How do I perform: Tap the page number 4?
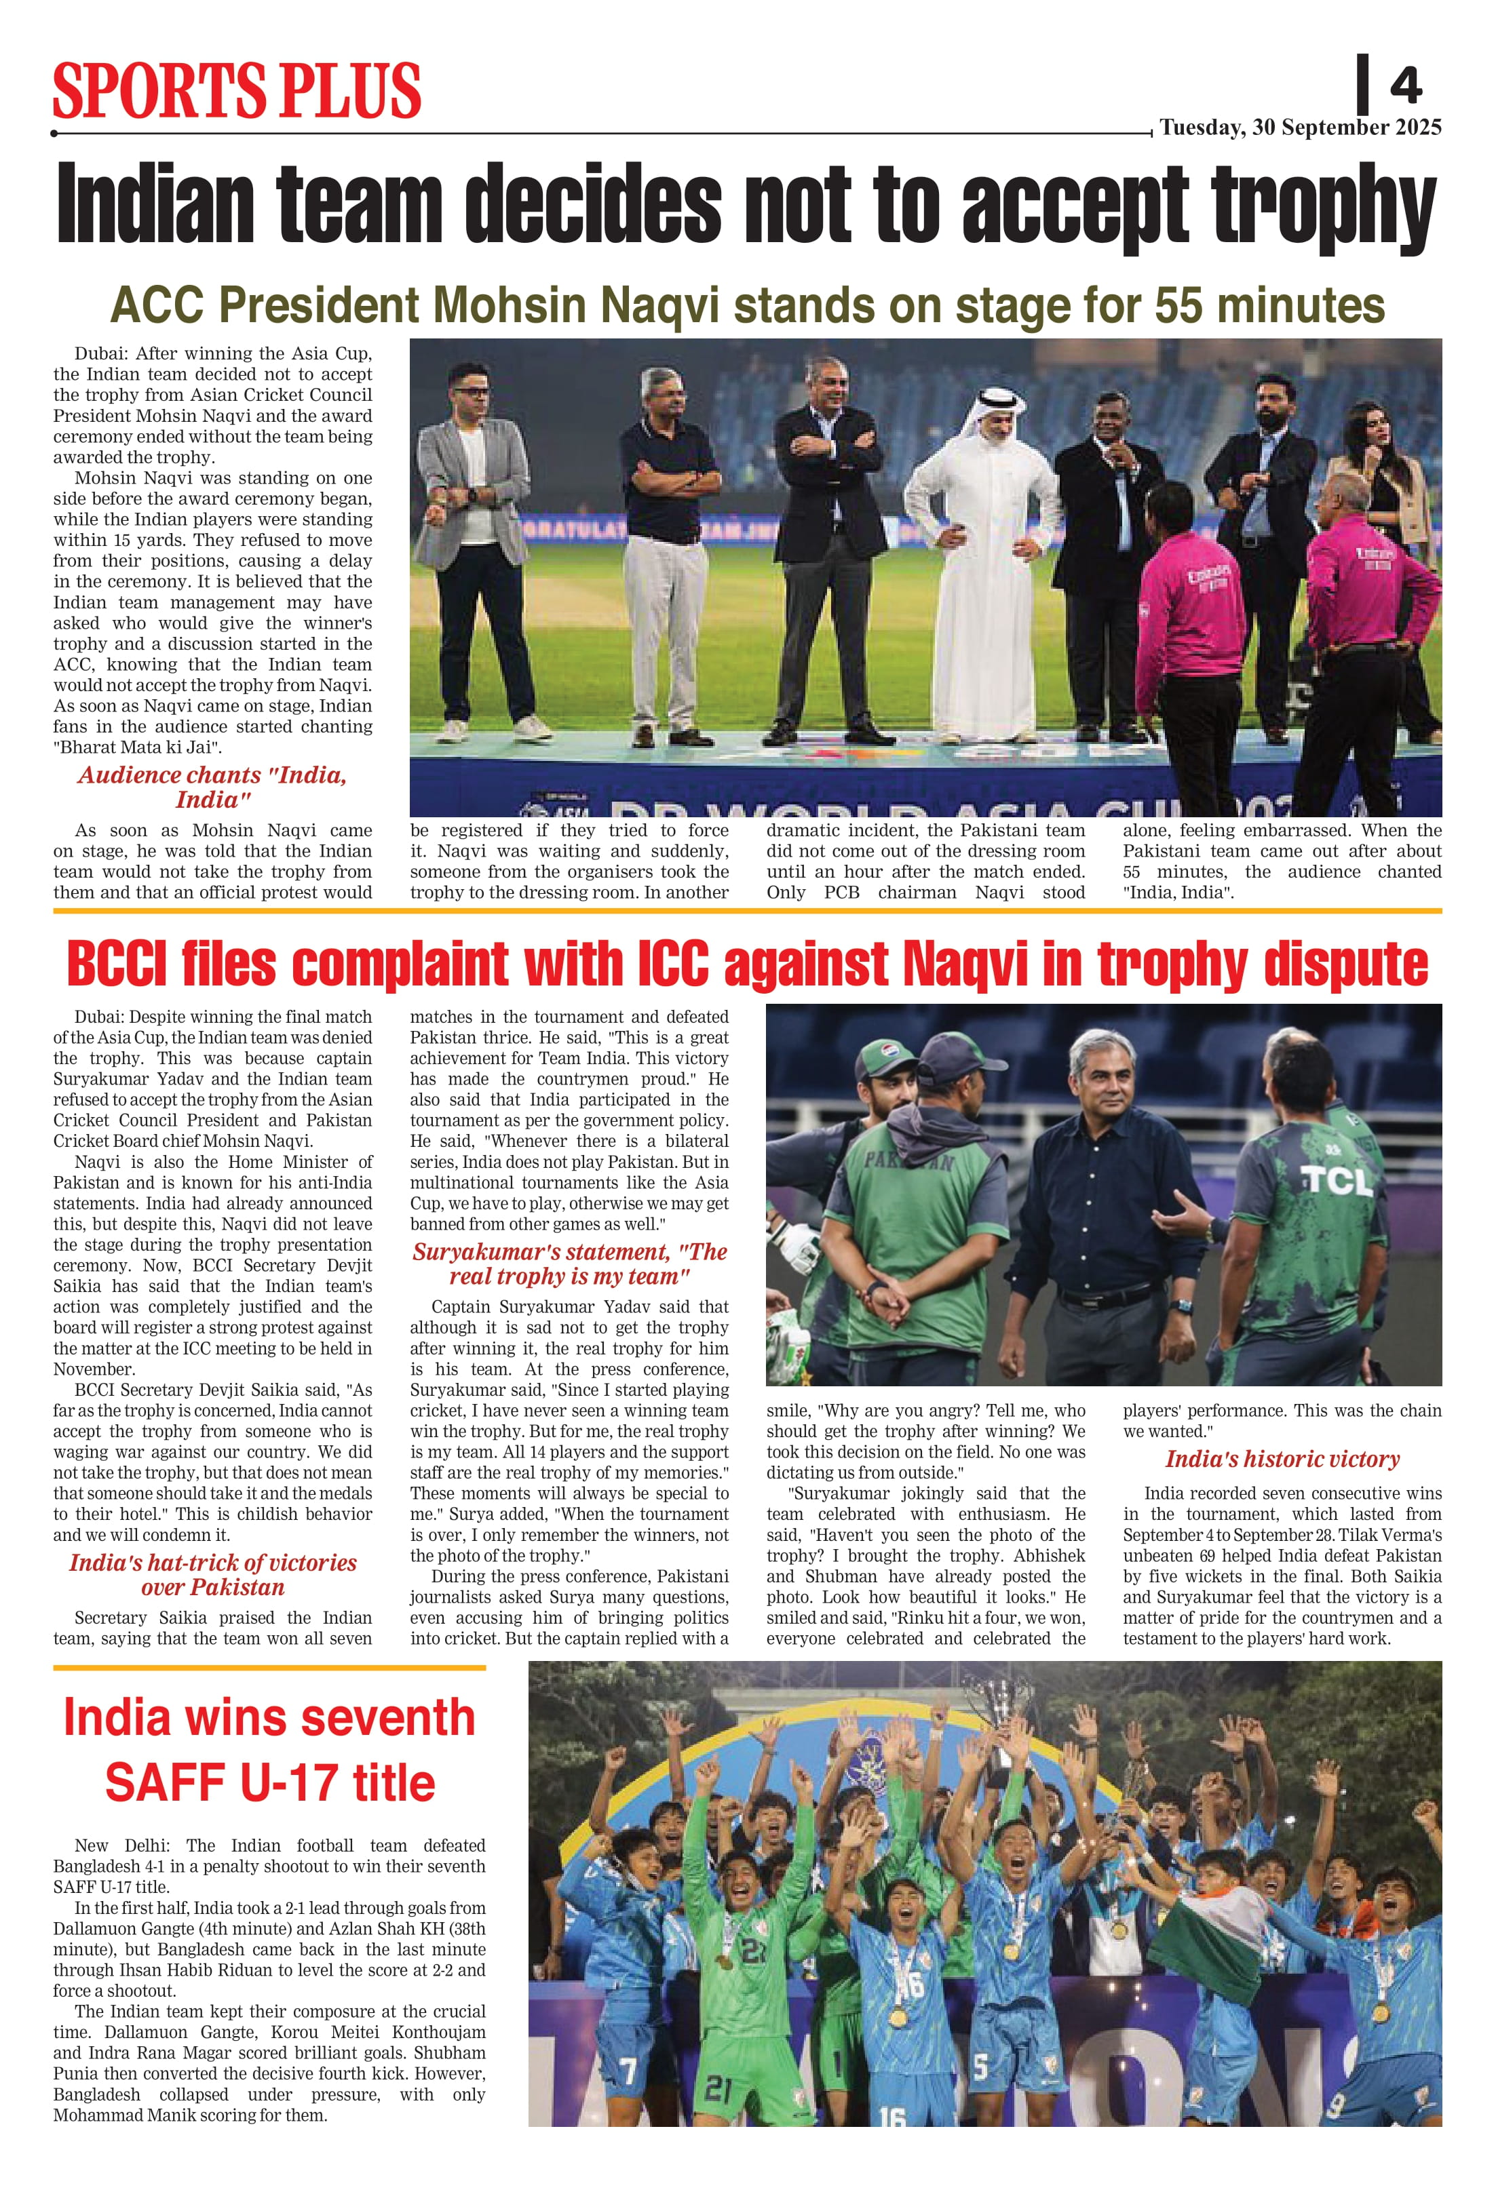[x=1404, y=87]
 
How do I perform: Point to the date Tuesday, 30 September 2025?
[x=1300, y=128]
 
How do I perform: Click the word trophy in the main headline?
[x=1324, y=205]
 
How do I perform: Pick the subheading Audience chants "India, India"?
[x=212, y=787]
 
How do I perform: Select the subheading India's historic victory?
[x=1282, y=1460]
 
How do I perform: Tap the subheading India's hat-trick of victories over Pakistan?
[x=212, y=1575]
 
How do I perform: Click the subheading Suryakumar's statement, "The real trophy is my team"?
[x=569, y=1264]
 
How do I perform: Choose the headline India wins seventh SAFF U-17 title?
[x=269, y=1749]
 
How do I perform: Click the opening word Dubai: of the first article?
[x=102, y=354]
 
